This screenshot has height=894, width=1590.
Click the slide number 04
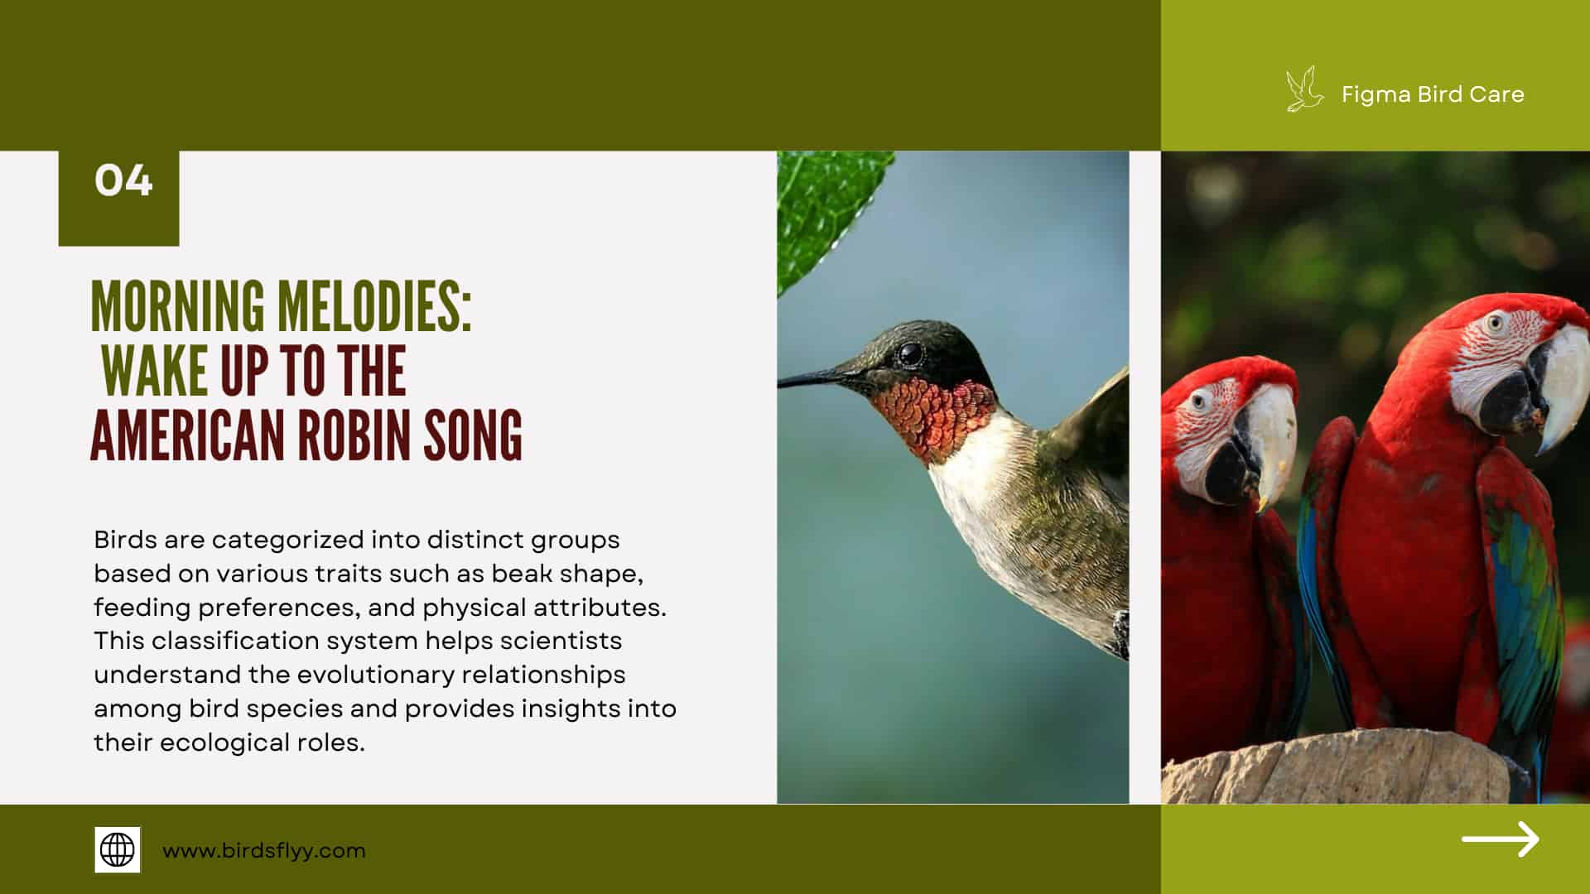pyautogui.click(x=123, y=180)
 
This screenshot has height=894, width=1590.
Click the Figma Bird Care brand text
pyautogui.click(x=1433, y=94)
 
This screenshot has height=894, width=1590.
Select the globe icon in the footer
pyautogui.click(x=117, y=849)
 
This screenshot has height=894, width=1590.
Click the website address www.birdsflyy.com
pyautogui.click(x=263, y=850)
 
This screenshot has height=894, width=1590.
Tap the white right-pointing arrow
pyautogui.click(x=1500, y=839)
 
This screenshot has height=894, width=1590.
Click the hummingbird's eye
pyautogui.click(x=911, y=354)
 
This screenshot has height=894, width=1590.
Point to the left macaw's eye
pyautogui.click(x=1200, y=402)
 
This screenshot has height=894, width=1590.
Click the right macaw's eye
pyautogui.click(x=1495, y=323)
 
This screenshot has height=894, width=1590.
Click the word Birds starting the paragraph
pyautogui.click(x=125, y=540)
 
